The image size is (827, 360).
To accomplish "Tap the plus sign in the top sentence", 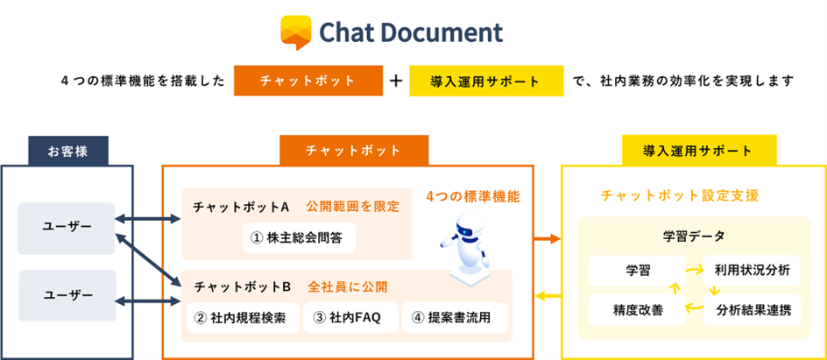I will [396, 81].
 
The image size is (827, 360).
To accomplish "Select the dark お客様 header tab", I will [67, 150].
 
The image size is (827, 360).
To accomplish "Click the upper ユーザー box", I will [67, 228].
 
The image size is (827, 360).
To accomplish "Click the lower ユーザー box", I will [67, 294].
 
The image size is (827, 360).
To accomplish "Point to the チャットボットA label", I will [241, 208].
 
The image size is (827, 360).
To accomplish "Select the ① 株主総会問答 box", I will [299, 237].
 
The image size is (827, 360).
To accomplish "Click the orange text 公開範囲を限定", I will [353, 208].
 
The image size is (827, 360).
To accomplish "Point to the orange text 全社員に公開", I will [348, 286].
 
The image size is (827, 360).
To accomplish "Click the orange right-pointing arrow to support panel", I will [548, 237].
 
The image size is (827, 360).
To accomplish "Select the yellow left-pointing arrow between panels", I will [548, 295].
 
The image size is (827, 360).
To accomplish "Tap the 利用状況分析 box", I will [751, 270].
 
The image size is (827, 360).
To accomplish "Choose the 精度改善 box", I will [632, 309].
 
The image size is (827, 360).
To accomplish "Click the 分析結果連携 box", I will [751, 309].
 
